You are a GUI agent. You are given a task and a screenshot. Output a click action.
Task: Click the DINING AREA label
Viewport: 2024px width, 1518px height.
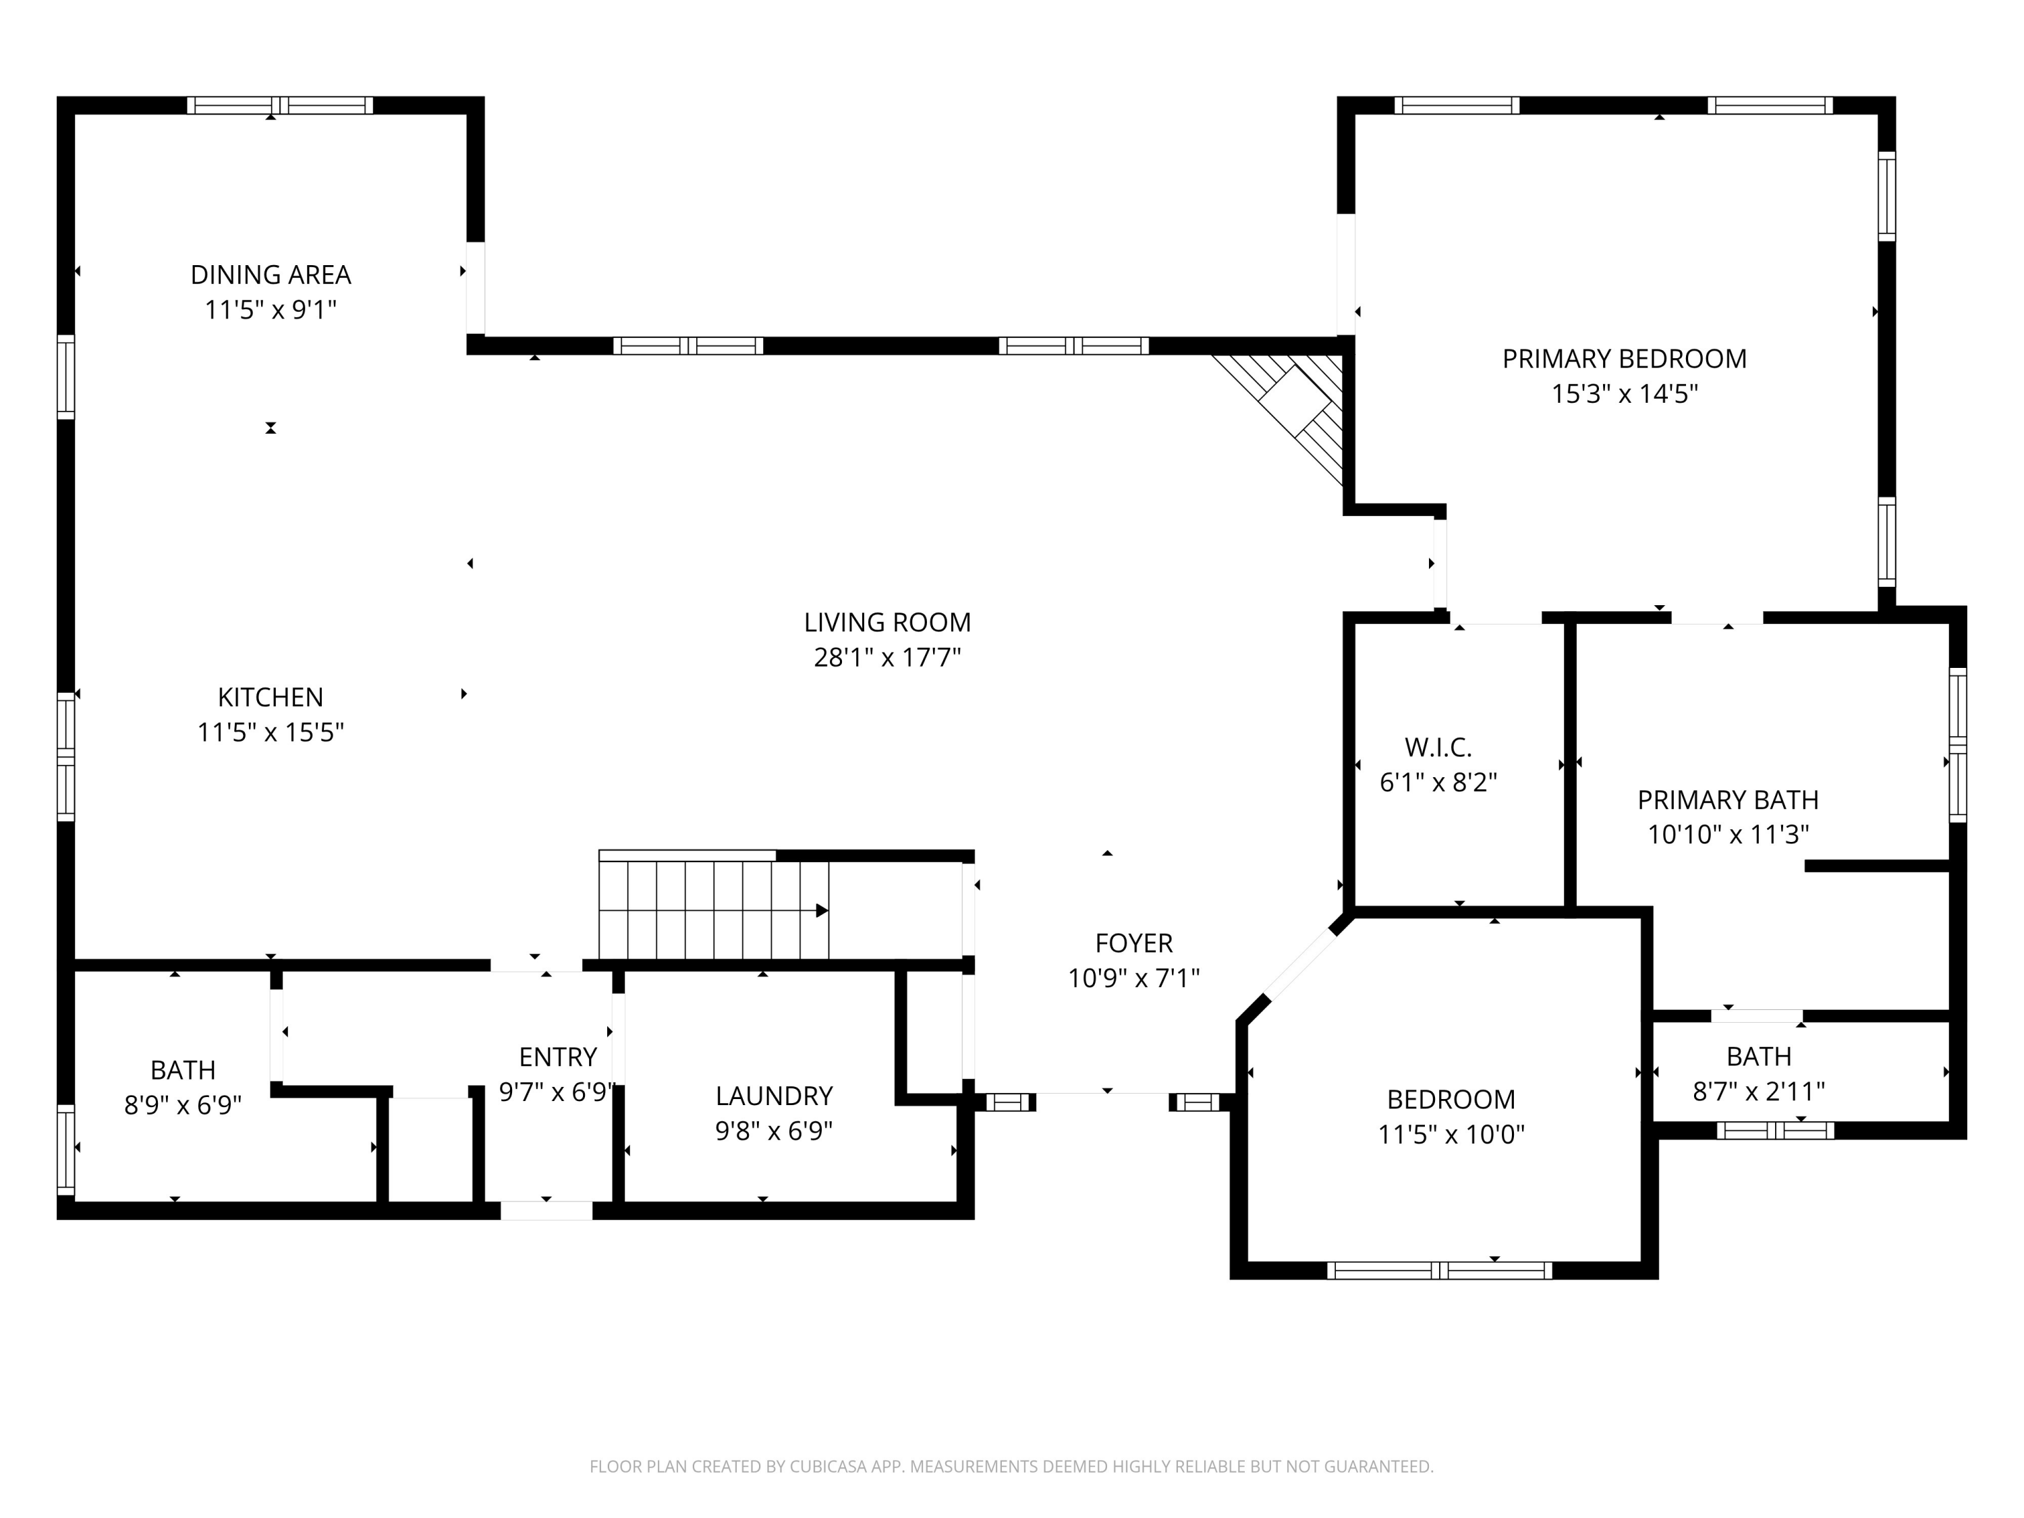(x=270, y=275)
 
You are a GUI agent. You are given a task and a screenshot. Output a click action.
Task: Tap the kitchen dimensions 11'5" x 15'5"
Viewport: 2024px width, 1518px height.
(x=270, y=732)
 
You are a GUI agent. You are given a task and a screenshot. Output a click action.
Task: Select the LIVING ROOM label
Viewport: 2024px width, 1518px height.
(x=887, y=622)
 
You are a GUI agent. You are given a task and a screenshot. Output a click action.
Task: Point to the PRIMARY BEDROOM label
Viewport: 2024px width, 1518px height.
(x=1624, y=359)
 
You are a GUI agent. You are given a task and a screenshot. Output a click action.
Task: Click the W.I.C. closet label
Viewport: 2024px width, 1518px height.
(x=1438, y=748)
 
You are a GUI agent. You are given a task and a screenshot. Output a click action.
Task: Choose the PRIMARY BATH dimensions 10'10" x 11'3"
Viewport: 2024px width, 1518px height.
(x=1728, y=835)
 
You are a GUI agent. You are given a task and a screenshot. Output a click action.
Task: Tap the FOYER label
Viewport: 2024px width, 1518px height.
(x=1133, y=943)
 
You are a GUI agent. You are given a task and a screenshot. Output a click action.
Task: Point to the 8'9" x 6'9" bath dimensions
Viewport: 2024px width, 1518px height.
(x=182, y=1105)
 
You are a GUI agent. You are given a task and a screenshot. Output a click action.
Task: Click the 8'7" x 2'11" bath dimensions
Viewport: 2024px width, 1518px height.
(x=1758, y=1092)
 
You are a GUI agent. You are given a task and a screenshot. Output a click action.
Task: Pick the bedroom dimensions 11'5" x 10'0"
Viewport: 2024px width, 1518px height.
(x=1451, y=1135)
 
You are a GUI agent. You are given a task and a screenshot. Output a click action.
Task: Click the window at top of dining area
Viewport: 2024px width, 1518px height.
(x=280, y=105)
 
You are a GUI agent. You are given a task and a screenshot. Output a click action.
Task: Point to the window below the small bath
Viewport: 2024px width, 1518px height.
(x=1774, y=1130)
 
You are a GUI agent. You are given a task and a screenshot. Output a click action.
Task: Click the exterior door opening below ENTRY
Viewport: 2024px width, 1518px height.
(x=546, y=1210)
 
